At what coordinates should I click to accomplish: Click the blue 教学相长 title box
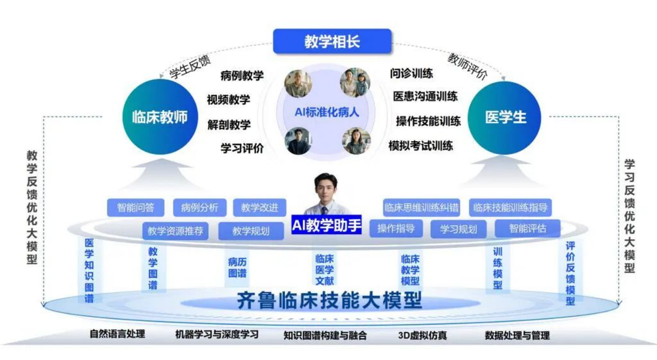click(x=333, y=41)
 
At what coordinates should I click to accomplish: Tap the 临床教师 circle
click(x=160, y=117)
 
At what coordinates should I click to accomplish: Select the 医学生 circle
click(x=504, y=118)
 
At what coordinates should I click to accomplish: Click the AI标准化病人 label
click(x=327, y=112)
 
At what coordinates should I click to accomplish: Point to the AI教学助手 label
click(x=326, y=225)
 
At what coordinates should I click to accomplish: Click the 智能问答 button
click(x=136, y=207)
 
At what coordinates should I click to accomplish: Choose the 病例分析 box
click(x=199, y=207)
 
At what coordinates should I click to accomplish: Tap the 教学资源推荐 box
click(x=175, y=231)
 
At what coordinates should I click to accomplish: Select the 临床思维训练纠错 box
click(x=421, y=207)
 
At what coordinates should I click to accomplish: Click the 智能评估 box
click(x=528, y=229)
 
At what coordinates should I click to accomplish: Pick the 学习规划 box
click(x=459, y=229)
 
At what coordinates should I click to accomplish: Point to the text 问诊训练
click(x=411, y=73)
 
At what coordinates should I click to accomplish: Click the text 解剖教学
click(x=229, y=125)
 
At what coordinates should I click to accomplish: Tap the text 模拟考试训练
click(x=421, y=146)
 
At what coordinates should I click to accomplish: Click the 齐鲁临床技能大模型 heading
click(x=329, y=300)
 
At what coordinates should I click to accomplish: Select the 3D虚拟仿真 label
click(x=422, y=335)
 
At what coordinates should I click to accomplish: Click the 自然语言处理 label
click(x=117, y=333)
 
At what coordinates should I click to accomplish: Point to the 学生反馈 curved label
click(x=190, y=66)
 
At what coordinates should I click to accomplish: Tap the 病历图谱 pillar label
click(x=237, y=268)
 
